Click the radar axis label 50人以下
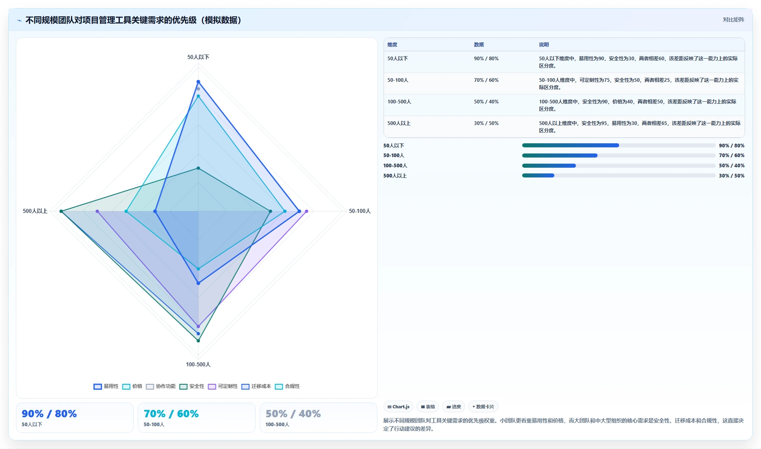198,57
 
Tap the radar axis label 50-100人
360,211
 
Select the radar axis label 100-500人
198,364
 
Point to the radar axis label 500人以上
35,211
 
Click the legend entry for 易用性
106,386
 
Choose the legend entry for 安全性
192,386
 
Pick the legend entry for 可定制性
223,386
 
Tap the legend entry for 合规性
287,386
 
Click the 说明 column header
544,45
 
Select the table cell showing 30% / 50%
486,123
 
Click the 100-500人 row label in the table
399,102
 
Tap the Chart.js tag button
398,407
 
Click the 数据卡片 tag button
483,407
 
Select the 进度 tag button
454,407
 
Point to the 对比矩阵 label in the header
733,20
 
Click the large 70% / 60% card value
171,414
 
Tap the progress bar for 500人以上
619,175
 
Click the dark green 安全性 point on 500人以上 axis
61,211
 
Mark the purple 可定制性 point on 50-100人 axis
307,211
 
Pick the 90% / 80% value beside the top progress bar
732,145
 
